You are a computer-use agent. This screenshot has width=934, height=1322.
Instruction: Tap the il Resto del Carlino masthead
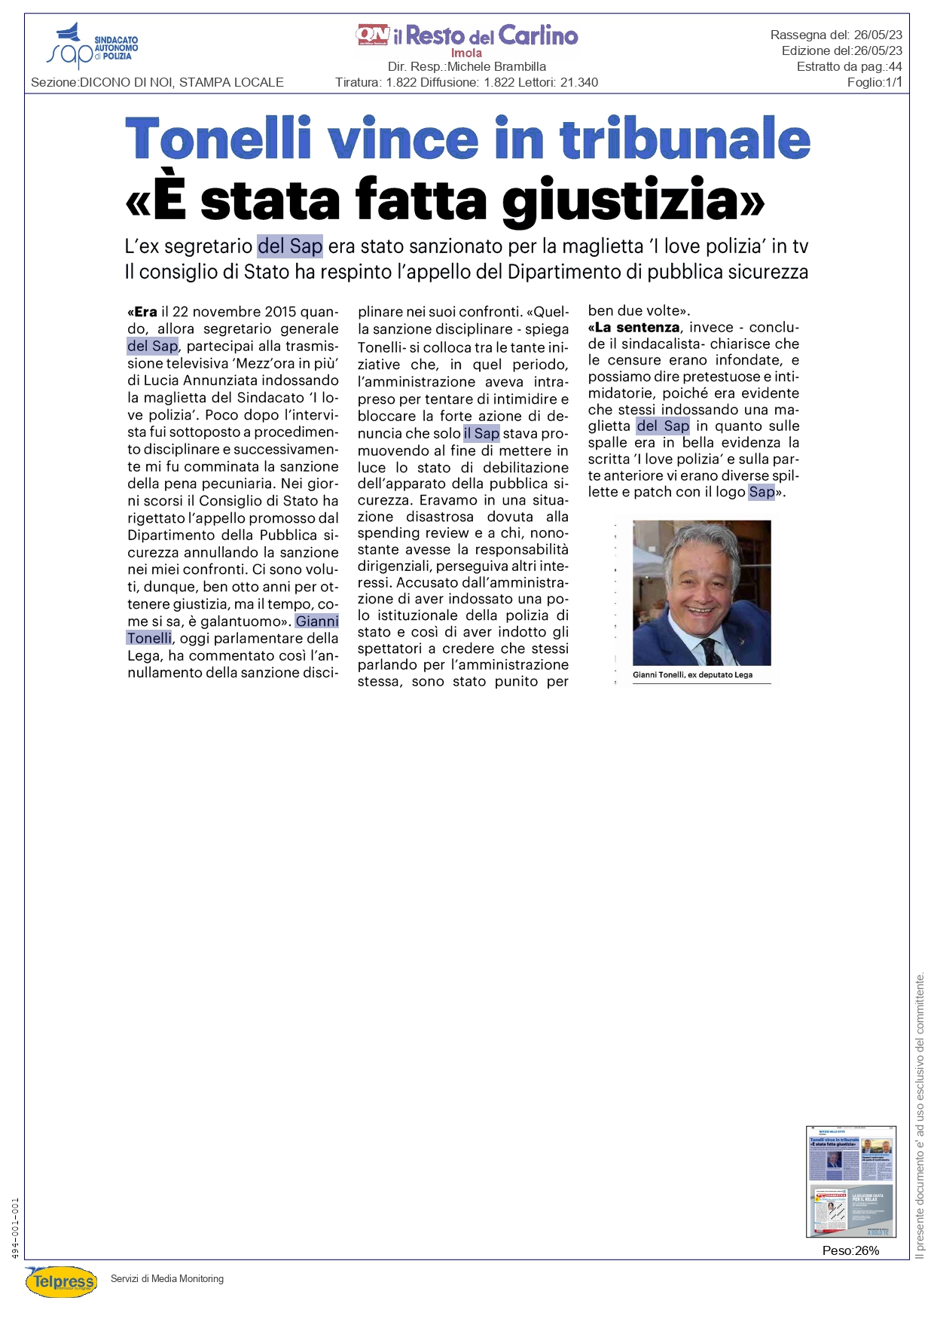[467, 35]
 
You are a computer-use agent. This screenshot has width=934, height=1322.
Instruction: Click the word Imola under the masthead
[466, 53]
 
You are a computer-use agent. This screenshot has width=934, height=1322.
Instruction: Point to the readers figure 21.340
[579, 83]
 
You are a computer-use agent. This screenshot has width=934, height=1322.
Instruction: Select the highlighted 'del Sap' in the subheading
[290, 246]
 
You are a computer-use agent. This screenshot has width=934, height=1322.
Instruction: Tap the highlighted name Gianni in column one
[317, 621]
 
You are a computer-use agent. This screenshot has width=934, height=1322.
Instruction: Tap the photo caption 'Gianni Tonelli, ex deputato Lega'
[692, 675]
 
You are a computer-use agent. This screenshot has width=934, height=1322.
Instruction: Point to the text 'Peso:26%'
[850, 1250]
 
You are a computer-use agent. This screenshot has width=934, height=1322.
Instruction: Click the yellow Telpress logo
[62, 1281]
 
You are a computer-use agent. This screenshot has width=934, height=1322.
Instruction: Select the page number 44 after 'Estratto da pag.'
[895, 67]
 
